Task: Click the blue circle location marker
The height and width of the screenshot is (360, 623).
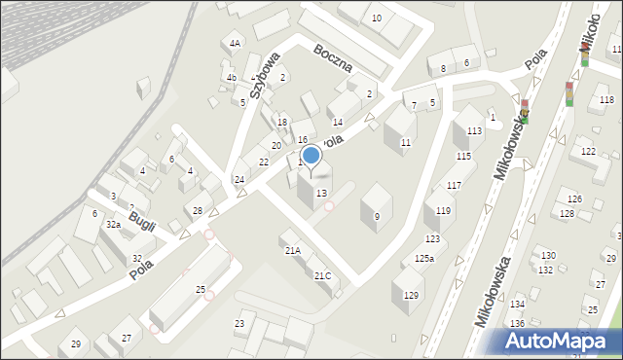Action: coord(311,155)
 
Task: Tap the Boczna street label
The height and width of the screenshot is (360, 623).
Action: coord(333,58)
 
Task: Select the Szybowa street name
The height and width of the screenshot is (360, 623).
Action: coord(263,75)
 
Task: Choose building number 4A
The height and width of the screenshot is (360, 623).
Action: coord(235,44)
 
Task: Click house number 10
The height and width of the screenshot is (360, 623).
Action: coord(377,18)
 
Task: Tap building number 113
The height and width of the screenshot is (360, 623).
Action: coord(474,131)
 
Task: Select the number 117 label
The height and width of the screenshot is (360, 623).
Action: coord(454,185)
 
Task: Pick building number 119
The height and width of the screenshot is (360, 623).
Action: coord(443,210)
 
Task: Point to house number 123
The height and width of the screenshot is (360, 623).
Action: coord(432,238)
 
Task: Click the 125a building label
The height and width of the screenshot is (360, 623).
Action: coord(423,258)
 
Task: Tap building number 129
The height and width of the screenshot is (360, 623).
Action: coord(411,295)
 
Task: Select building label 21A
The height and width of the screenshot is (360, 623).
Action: coord(292,250)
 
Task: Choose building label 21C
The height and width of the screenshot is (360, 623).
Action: coord(322,275)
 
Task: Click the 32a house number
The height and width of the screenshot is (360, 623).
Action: coord(113,225)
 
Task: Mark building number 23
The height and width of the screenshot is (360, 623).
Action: coord(239,323)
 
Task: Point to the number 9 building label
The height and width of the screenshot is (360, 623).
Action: coord(377,216)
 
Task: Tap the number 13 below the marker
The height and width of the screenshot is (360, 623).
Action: coord(321,193)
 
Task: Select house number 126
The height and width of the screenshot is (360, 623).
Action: coord(574,198)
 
